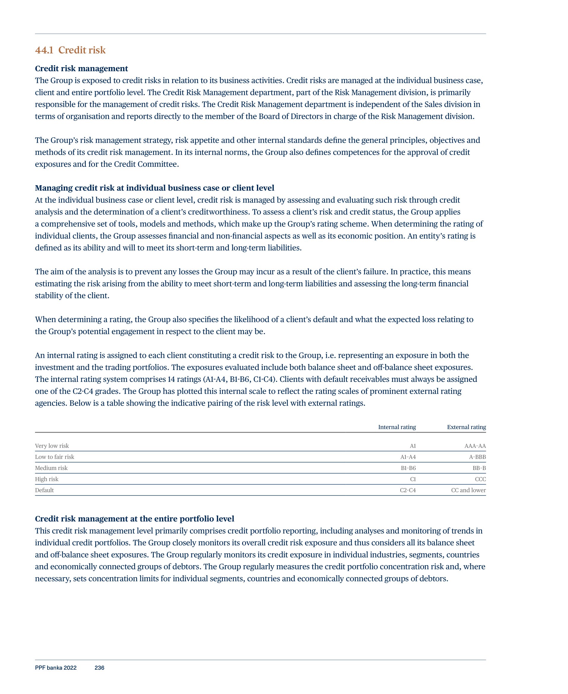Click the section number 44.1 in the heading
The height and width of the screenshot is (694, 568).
pos(44,50)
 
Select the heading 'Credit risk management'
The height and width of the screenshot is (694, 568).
pos(82,68)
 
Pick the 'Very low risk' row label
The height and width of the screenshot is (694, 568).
pos(52,446)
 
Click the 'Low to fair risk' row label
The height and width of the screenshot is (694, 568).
pos(55,457)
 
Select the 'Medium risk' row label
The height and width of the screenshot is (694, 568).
pos(51,468)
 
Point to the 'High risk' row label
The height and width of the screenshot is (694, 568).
pos(47,479)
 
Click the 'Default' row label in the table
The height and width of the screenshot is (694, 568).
pos(45,490)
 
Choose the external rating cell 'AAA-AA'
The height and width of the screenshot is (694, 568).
pos(475,446)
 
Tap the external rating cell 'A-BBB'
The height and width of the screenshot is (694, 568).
pos(477,457)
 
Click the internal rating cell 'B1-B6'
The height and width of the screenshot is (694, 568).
pos(408,468)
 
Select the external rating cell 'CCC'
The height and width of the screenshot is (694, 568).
pos(480,479)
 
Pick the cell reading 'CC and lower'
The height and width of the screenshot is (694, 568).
pos(468,490)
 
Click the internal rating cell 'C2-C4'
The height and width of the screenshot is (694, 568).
pos(408,490)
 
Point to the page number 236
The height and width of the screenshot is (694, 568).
pos(99,668)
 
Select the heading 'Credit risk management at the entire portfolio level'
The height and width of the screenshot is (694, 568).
pos(134,519)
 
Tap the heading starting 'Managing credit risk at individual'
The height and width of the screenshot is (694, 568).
pos(154,188)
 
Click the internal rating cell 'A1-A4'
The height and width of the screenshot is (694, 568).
pos(408,457)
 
